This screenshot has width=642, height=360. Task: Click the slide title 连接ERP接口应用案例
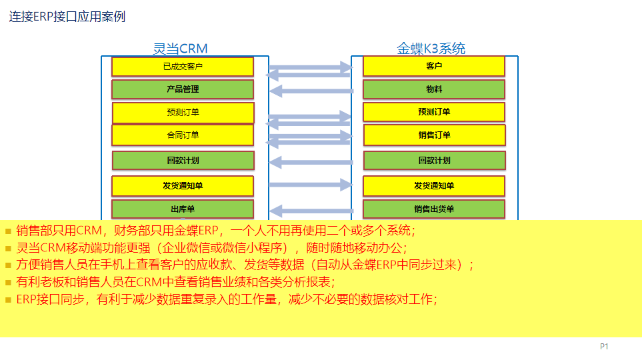(67, 17)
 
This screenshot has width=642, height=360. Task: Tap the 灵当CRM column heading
(180, 49)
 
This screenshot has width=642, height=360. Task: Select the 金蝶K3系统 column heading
(431, 49)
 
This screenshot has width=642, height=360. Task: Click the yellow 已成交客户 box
(183, 67)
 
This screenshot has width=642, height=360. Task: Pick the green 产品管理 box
(183, 89)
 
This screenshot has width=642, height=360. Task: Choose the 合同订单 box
(183, 135)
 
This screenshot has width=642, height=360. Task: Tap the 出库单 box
(183, 209)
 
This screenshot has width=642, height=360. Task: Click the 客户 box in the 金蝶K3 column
(434, 66)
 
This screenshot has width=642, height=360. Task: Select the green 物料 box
(434, 89)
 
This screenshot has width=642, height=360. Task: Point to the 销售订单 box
(435, 135)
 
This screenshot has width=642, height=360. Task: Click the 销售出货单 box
(434, 209)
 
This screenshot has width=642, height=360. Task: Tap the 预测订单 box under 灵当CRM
(183, 113)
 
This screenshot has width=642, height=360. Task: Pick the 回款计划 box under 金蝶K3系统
(435, 161)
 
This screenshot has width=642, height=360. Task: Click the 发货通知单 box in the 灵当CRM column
(183, 186)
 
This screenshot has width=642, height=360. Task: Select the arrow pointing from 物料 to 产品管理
(311, 91)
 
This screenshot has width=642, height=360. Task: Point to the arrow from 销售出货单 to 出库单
(311, 211)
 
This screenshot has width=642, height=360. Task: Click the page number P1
(604, 347)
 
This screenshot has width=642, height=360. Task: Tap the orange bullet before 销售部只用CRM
(8, 231)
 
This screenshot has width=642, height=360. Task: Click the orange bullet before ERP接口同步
(8, 300)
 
